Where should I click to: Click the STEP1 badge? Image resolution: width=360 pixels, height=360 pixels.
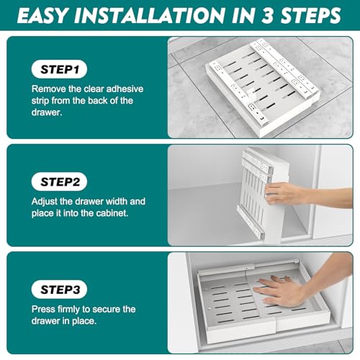pos(59,69)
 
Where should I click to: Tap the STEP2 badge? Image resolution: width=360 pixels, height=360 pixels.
pos(59,181)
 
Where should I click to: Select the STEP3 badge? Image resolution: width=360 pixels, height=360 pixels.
pos(59,289)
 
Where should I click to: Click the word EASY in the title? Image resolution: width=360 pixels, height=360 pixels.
pos(42,15)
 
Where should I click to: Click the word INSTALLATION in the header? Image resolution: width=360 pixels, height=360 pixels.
pos(149,15)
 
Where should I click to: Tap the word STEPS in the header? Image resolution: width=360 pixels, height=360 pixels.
pos(310,15)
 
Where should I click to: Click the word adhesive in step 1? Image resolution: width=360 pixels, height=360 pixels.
pos(125,89)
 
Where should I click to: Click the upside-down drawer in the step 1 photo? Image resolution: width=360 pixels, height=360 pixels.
pos(263,88)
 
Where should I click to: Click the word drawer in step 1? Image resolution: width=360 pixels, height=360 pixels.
pos(46,112)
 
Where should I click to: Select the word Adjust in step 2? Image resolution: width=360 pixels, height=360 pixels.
pos(44,202)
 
